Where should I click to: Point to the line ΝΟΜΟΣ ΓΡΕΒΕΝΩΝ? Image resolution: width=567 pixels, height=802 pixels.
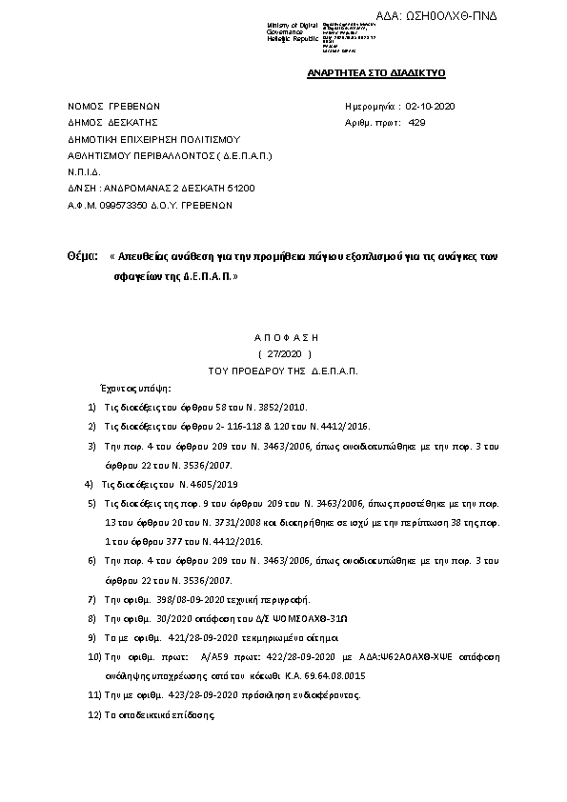(x=113, y=106)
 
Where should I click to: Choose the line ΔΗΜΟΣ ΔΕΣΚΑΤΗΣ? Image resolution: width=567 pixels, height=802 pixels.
(x=106, y=122)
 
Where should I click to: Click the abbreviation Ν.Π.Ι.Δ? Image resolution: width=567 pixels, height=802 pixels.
(x=83, y=171)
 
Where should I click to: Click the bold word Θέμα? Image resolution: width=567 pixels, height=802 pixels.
(x=83, y=257)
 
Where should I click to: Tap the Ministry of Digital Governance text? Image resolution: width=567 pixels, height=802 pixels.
(x=287, y=32)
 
